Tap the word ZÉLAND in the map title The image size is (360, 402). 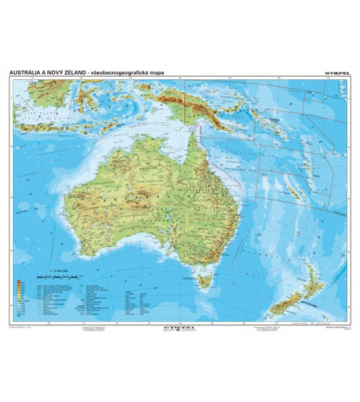click(x=115, y=72)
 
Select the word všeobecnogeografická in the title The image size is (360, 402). click(x=176, y=72)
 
